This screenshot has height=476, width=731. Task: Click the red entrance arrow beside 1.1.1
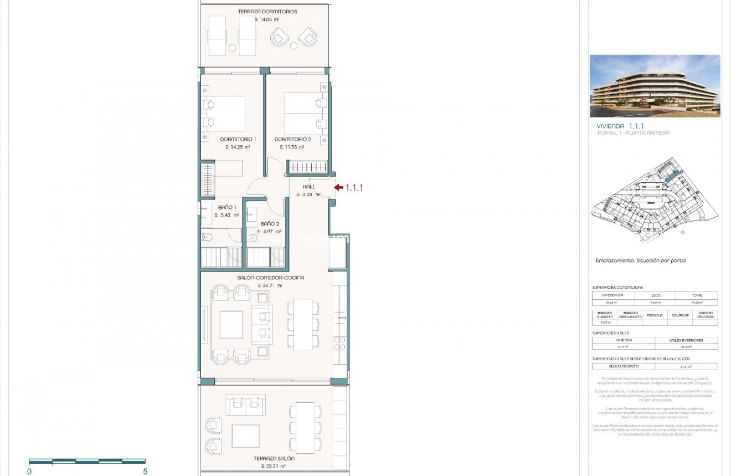(338, 188)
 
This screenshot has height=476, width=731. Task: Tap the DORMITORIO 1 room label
(238, 139)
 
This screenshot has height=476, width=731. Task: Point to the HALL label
(308, 187)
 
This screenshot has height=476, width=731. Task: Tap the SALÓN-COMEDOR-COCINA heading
(270, 278)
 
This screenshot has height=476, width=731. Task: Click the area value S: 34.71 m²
(270, 285)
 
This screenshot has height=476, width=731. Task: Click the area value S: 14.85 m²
(266, 19)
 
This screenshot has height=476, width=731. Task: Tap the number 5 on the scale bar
(145, 472)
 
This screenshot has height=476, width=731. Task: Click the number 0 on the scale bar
(29, 472)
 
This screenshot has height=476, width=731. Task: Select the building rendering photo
(655, 86)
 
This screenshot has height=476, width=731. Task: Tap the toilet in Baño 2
(253, 238)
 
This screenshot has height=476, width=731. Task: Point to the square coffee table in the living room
(231, 325)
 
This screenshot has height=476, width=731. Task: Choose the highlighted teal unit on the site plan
(671, 177)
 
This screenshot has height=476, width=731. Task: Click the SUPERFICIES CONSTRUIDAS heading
(617, 288)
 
